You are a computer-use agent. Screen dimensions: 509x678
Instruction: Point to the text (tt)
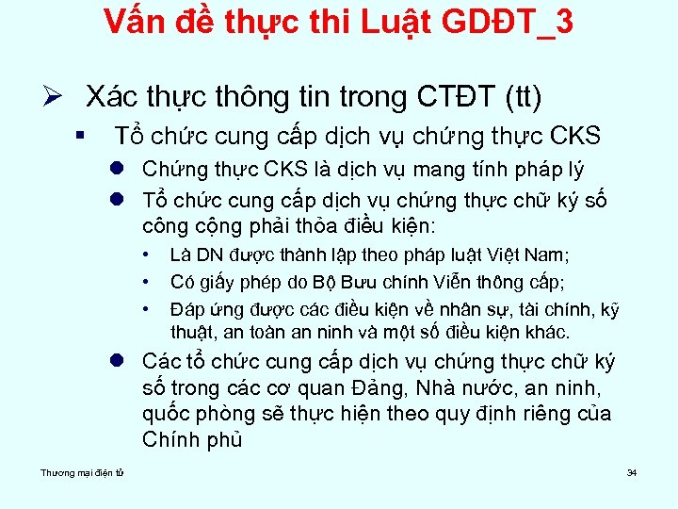tap(524, 97)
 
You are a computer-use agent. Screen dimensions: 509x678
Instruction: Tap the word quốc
tap(170, 414)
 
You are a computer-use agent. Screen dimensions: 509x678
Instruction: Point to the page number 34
tap(632, 472)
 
